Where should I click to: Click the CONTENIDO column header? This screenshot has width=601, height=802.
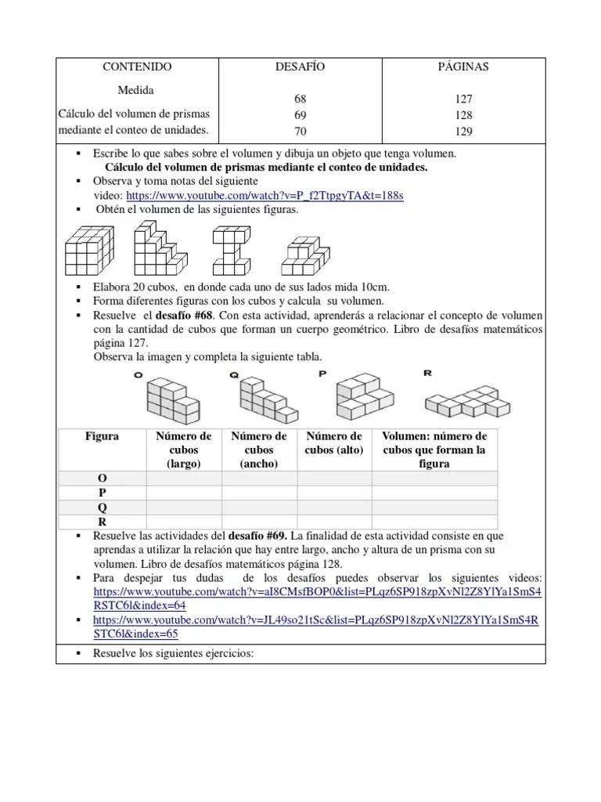[137, 67]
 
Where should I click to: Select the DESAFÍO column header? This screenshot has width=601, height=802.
[300, 67]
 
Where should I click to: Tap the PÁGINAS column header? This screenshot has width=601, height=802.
[463, 67]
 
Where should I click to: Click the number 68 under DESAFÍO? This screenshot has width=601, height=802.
[300, 99]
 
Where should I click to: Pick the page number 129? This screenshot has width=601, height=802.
[463, 130]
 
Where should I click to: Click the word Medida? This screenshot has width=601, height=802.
[137, 91]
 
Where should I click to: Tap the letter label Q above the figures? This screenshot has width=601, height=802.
[233, 374]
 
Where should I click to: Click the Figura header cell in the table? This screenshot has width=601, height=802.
[102, 436]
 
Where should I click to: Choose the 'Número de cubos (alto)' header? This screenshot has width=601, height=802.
[333, 443]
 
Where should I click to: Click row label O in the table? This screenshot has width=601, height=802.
[102, 478]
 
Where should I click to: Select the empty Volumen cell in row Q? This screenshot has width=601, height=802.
[434, 508]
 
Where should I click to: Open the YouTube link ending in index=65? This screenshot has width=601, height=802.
[316, 627]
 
